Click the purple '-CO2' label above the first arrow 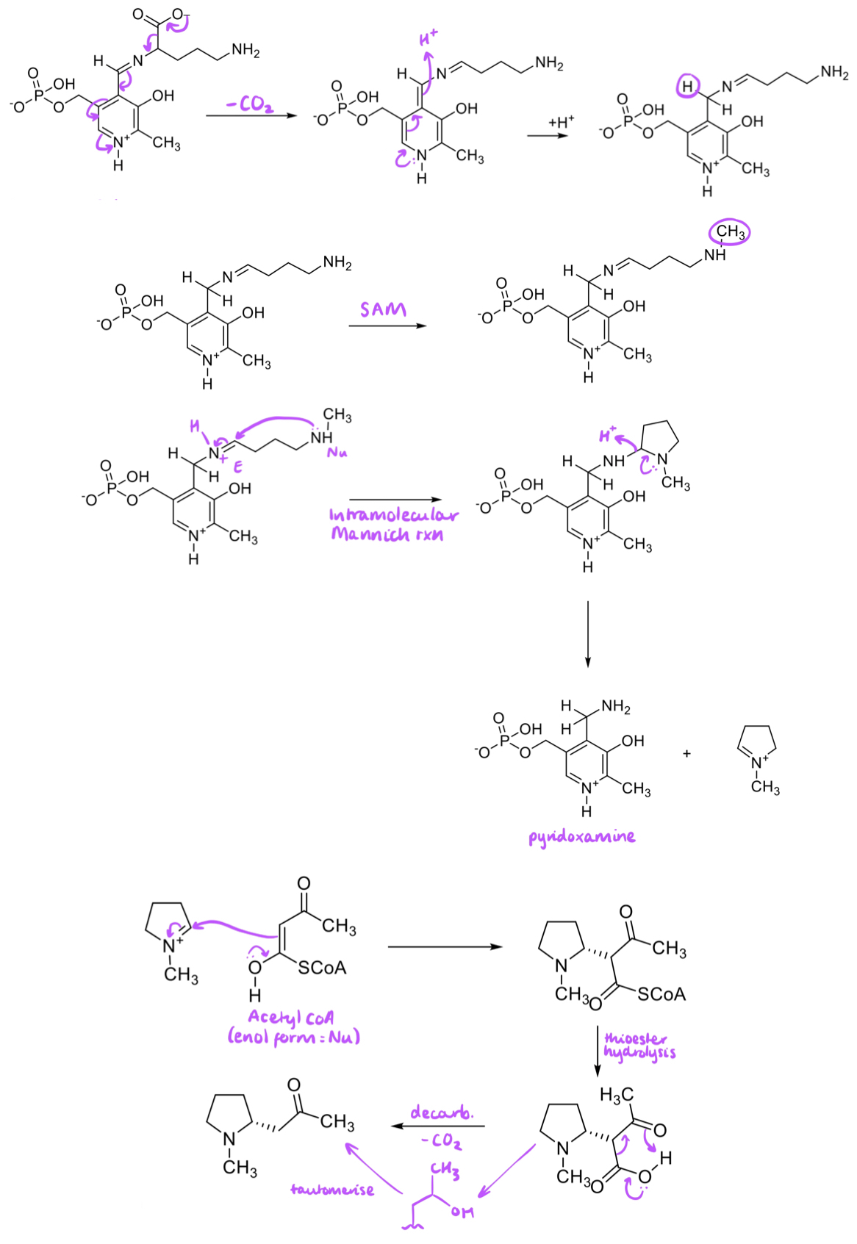[x=250, y=104]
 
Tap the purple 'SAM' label [x=382, y=309]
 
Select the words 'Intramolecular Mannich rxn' [x=392, y=524]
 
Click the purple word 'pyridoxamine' [x=581, y=836]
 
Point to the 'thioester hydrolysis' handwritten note [x=639, y=1045]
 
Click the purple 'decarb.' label [x=442, y=1112]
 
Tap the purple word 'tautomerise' [x=332, y=1190]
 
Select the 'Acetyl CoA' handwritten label [x=292, y=1018]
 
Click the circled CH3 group [x=730, y=233]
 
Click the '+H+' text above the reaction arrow [x=562, y=121]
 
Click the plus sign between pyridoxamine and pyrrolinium [x=686, y=754]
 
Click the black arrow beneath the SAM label [x=387, y=326]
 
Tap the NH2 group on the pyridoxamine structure [x=616, y=707]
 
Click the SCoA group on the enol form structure [x=322, y=968]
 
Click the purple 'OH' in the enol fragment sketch [x=462, y=1212]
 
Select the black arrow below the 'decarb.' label [x=438, y=1126]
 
